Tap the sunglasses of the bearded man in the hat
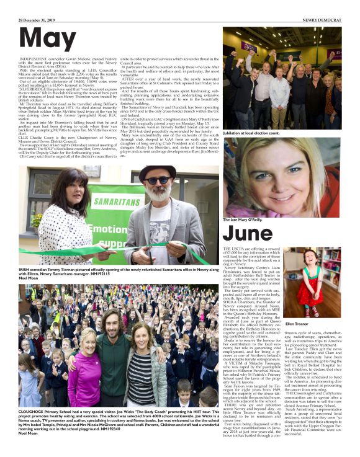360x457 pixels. tap(157, 180)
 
